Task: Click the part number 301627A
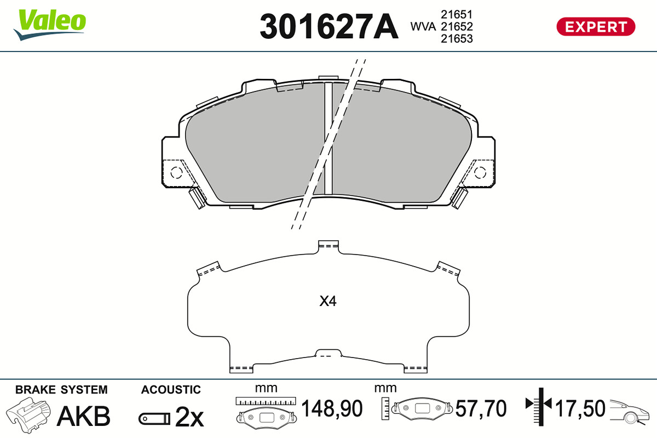[329, 26]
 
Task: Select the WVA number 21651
[457, 14]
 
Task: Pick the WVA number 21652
[457, 26]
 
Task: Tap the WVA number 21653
[457, 38]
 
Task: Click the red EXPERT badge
[596, 27]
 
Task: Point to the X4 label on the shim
[328, 301]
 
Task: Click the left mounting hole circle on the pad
[176, 173]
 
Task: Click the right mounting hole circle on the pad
[480, 173]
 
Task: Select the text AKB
[84, 416]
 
